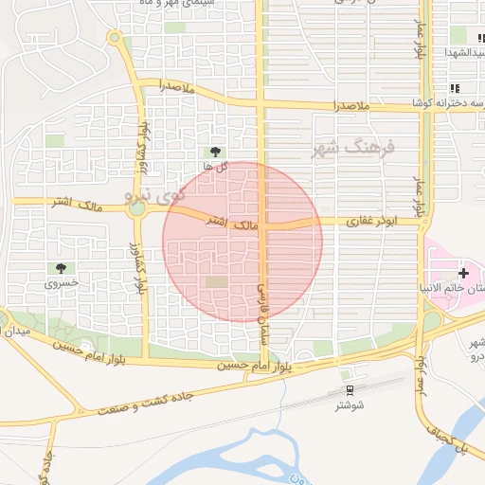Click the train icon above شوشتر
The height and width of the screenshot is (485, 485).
tap(350, 388)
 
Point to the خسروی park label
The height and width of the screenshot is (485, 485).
tap(63, 282)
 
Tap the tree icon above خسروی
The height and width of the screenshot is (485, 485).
tap(62, 269)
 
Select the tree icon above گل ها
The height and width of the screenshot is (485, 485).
tap(217, 152)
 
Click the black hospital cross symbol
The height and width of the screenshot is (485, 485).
tap(462, 272)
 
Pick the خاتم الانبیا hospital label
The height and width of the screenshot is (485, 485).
tap(458, 289)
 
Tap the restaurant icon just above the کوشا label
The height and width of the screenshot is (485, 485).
tap(455, 87)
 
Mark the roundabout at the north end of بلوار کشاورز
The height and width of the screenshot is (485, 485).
tap(115, 38)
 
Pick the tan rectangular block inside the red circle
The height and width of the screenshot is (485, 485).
tap(217, 282)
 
